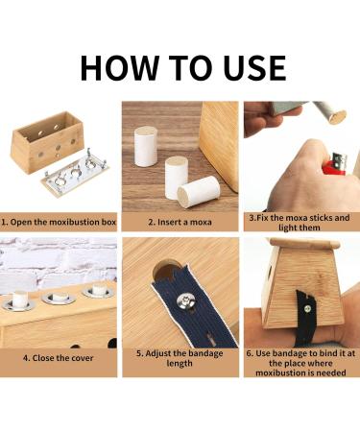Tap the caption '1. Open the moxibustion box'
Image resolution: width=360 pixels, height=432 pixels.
[59, 222]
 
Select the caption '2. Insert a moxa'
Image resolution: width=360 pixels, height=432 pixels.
[180, 222]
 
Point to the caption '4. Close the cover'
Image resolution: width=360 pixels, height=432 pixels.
[59, 358]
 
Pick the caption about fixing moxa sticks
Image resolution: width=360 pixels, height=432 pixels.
[300, 222]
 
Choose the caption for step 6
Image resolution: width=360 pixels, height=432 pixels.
[300, 364]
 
